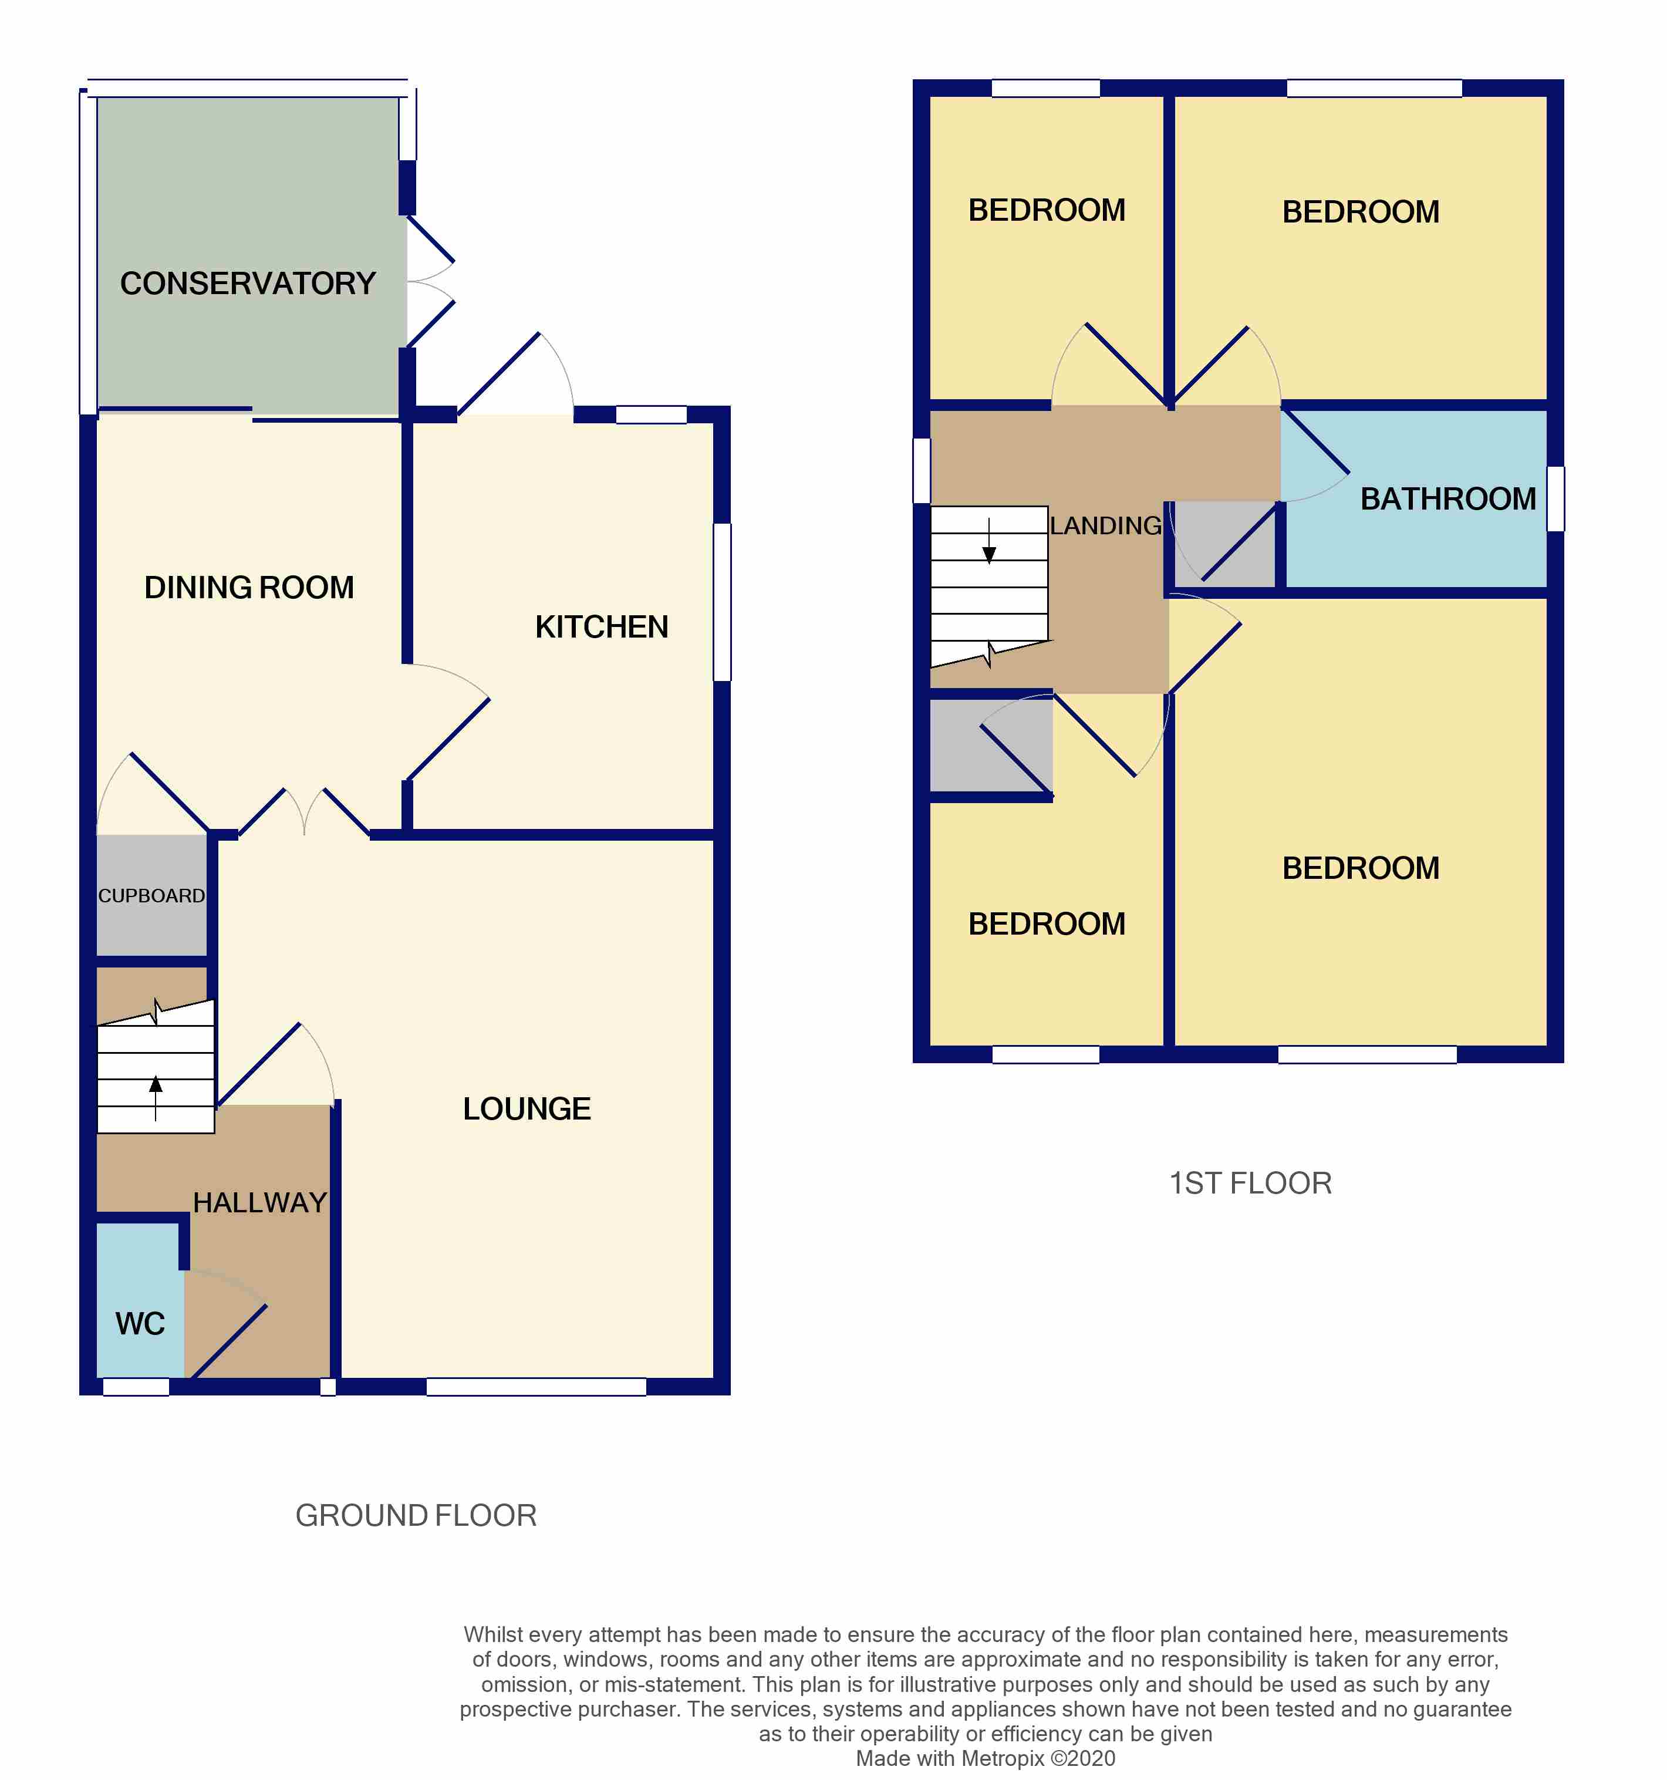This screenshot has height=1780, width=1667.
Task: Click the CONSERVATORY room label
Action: tap(248, 284)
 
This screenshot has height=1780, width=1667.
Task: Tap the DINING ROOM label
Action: tap(249, 588)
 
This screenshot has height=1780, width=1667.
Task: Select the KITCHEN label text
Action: tap(602, 628)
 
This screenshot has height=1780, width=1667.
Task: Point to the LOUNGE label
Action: tap(527, 1110)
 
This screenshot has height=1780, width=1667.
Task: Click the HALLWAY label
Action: tap(259, 1202)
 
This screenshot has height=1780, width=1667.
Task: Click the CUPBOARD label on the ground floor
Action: tap(151, 896)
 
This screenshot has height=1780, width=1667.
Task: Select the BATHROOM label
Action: tap(1447, 500)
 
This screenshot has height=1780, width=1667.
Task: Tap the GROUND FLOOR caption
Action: tap(416, 1516)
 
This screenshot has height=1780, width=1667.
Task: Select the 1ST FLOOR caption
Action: tap(1250, 1184)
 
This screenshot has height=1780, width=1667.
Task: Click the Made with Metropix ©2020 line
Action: tap(986, 1758)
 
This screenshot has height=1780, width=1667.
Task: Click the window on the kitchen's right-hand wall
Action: tap(721, 602)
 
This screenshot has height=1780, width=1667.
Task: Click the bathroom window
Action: tap(1556, 500)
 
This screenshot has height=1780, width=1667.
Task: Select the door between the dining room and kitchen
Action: tap(448, 739)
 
